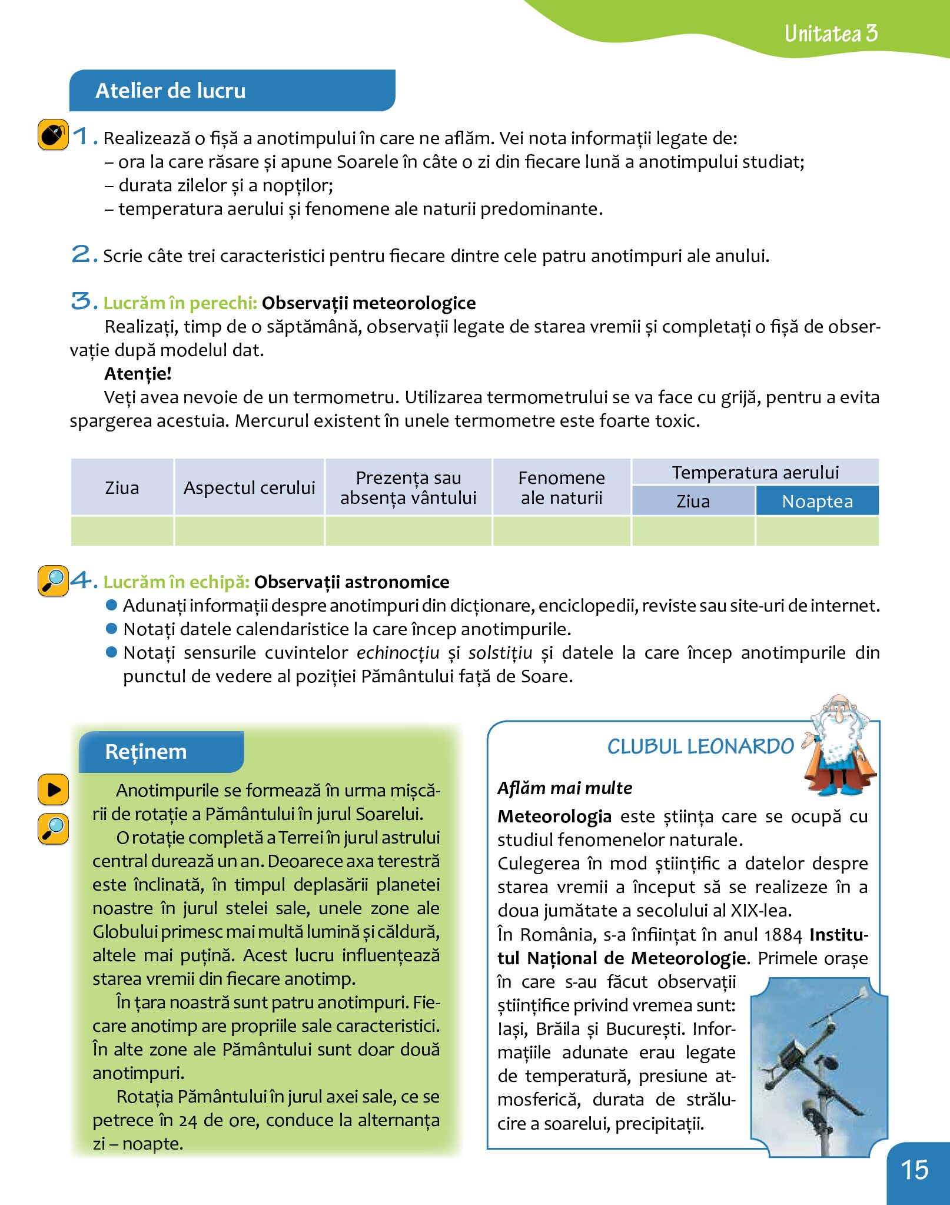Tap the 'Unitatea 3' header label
(831, 34)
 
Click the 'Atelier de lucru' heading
(171, 91)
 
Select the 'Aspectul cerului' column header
(249, 487)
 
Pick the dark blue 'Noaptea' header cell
(817, 502)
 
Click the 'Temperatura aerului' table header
(755, 472)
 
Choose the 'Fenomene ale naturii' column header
(562, 487)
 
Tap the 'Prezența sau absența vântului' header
(408, 487)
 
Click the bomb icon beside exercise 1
(53, 135)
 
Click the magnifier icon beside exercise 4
(53, 580)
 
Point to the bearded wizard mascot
(839, 744)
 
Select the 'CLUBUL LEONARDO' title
(700, 746)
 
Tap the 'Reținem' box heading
(145, 752)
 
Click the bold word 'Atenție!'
(138, 374)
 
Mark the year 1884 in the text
(783, 935)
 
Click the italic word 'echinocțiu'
(398, 653)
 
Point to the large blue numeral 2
(81, 254)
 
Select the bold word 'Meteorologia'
(554, 816)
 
